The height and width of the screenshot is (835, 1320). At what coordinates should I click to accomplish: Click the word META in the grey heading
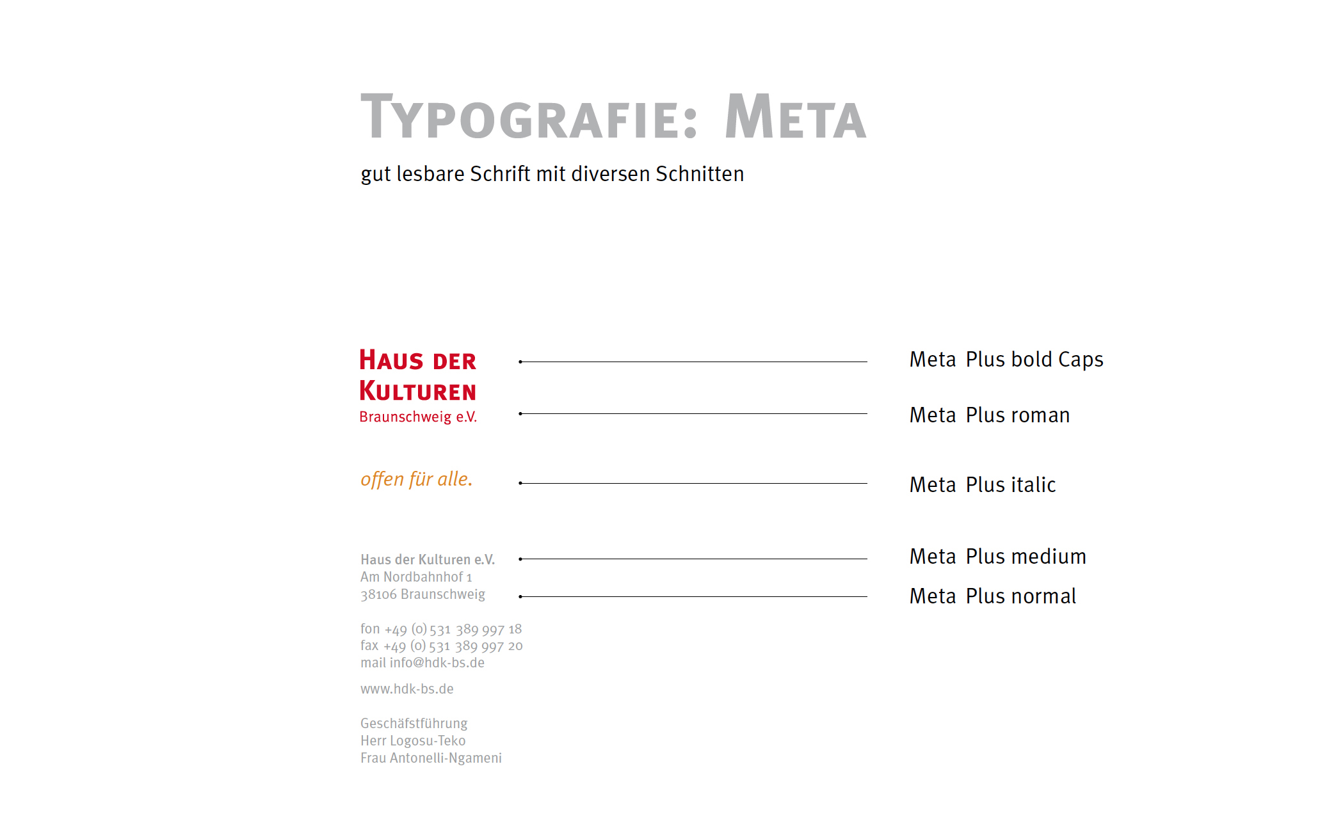tap(795, 118)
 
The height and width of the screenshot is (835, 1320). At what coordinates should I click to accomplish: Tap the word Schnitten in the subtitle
tap(700, 174)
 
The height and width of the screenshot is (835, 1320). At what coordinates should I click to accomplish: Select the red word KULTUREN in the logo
tap(418, 391)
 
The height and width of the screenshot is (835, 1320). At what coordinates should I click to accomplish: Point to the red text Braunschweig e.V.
tap(418, 417)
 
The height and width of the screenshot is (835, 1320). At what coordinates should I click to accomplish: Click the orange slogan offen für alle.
tap(416, 479)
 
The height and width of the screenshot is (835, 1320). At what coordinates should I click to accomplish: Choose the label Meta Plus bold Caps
tap(1006, 360)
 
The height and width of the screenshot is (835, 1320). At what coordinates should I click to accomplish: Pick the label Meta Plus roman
tap(990, 415)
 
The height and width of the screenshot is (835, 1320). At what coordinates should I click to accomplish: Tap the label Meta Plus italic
tap(983, 485)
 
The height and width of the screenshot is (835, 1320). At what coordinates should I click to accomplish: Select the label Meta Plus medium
tap(998, 557)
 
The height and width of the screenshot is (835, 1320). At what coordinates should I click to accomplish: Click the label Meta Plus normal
tap(993, 596)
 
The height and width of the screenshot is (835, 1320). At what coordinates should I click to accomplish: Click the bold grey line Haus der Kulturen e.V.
tap(428, 560)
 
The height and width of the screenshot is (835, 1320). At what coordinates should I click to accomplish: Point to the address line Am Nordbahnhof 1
tap(416, 577)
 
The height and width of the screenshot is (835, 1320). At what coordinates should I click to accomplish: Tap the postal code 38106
tap(378, 595)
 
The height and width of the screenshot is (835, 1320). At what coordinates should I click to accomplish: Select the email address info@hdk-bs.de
tap(437, 663)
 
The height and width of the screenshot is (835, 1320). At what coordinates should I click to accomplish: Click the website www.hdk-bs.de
tap(407, 689)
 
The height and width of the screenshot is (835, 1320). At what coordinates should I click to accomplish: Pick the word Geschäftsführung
tap(414, 724)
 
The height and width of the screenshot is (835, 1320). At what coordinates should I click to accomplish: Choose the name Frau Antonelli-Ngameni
tap(431, 758)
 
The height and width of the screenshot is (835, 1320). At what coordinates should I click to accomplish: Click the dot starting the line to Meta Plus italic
tap(520, 483)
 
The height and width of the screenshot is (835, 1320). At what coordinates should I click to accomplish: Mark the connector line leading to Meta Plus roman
tap(694, 414)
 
